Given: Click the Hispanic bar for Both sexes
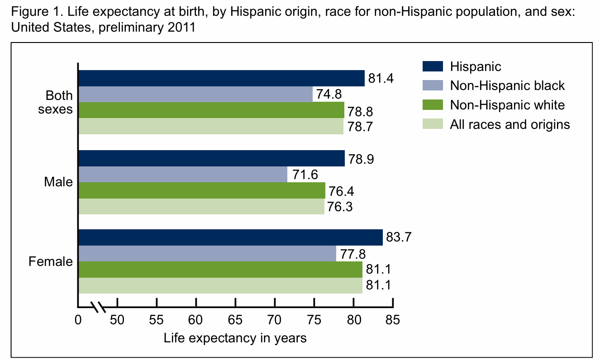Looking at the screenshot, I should pos(222,78).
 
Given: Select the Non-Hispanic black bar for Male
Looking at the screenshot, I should pos(183,175).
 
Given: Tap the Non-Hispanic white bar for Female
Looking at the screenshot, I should pos(220,270).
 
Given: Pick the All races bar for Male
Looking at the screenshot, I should pos(201,206).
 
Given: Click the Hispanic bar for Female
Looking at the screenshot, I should pos(231,237).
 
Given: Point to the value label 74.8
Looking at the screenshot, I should pos(329,95).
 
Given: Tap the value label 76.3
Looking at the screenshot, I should pos(340,207).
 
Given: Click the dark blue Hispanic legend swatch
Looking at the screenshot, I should pos(432,66).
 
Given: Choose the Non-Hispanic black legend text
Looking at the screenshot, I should pos(507,86).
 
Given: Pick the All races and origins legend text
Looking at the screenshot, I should pos(510,124).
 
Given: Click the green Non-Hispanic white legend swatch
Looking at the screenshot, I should pos(432,105).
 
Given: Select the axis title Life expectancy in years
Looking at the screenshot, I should pos(235,338).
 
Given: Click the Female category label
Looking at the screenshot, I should pos(51,262).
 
